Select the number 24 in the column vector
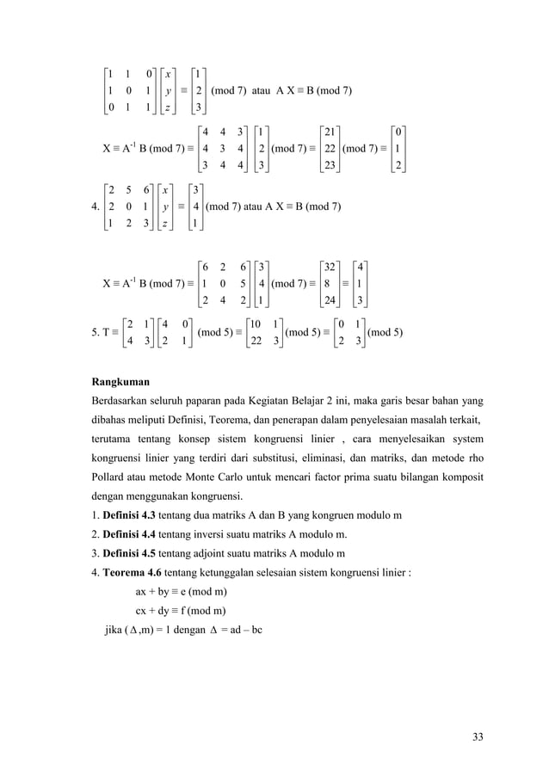point(330,300)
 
